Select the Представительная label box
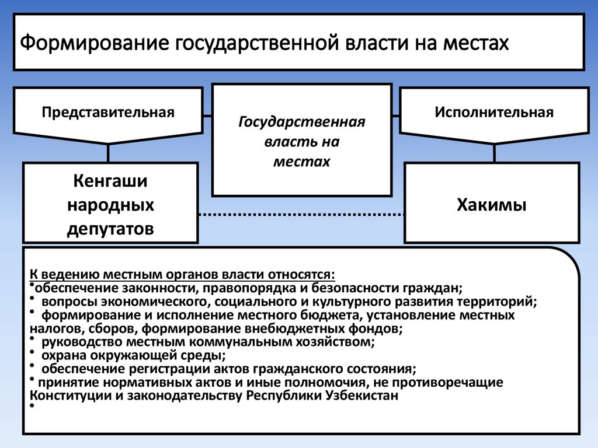click(x=108, y=112)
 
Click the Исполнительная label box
click(x=493, y=112)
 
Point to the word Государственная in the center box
click(x=301, y=123)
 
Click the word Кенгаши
click(x=110, y=181)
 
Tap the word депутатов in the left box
click(x=110, y=228)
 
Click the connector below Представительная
click(x=109, y=153)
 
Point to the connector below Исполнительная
click(x=495, y=153)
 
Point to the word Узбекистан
click(x=361, y=396)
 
